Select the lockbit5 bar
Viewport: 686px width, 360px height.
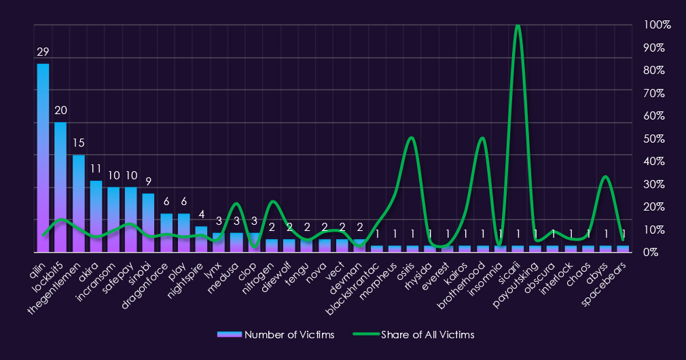tap(60, 187)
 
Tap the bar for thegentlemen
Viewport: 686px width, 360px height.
tap(78, 203)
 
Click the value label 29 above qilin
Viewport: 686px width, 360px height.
tap(43, 52)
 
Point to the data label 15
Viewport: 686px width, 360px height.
tap(78, 143)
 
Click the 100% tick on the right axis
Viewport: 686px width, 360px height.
tap(657, 25)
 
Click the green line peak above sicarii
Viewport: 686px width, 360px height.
tap(518, 26)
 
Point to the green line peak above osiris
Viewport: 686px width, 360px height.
tap(411, 138)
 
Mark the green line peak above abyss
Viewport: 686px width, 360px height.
tap(606, 177)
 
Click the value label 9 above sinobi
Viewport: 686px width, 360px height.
tap(149, 181)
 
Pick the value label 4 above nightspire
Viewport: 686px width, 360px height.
tap(202, 214)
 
